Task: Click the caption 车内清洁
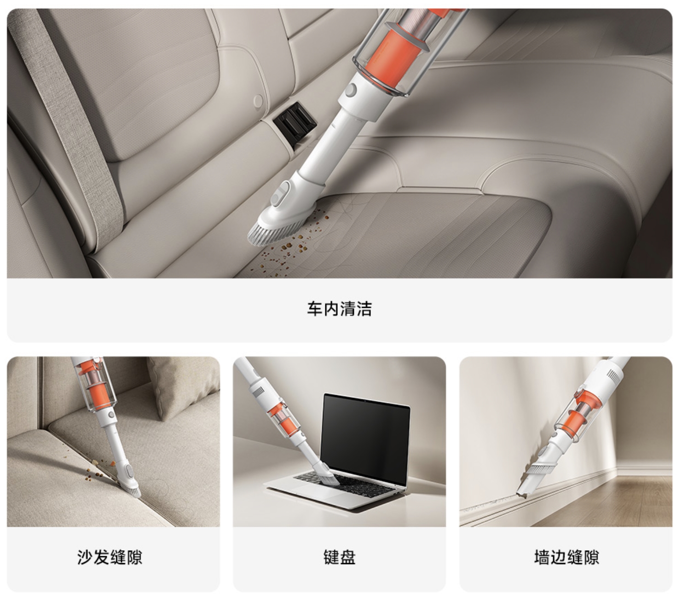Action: point(339,309)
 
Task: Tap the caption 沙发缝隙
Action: point(110,557)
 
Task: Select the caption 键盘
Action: point(339,557)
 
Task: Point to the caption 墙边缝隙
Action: point(566,557)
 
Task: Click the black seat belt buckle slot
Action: point(295,120)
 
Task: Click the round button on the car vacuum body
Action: point(351,90)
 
